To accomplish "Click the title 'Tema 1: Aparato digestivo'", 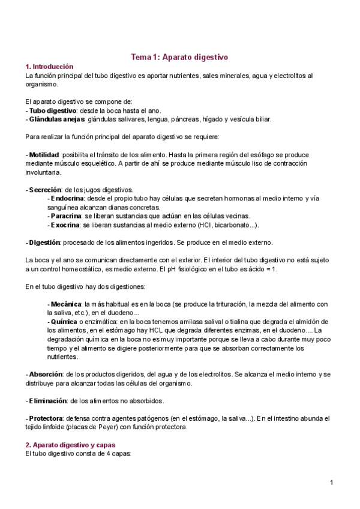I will [179, 57].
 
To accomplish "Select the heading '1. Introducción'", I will [49, 67].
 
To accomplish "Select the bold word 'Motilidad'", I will [43, 155].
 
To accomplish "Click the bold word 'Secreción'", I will [45, 190].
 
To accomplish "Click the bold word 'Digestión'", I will [44, 242].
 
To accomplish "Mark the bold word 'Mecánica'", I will [66, 304].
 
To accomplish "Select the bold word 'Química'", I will [65, 322].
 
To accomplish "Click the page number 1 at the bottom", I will [331, 483].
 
